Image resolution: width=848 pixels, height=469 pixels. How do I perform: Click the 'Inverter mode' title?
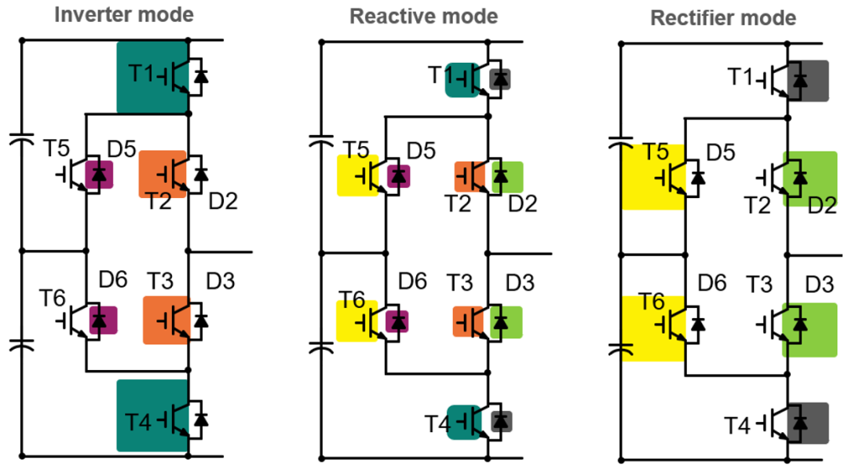(x=123, y=14)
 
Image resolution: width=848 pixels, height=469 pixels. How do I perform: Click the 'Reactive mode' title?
(x=423, y=16)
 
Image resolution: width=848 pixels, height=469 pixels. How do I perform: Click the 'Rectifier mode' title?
(x=722, y=17)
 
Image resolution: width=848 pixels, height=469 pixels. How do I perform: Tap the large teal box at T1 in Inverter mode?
(x=152, y=76)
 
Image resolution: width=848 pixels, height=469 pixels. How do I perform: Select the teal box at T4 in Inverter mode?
(x=152, y=416)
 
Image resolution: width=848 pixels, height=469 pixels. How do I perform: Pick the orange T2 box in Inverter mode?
(x=162, y=174)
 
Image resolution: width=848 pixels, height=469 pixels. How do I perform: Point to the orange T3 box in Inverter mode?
(x=166, y=320)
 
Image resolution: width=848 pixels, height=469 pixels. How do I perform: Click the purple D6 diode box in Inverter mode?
(x=102, y=320)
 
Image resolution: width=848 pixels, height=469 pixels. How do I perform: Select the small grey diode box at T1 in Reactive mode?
(x=499, y=79)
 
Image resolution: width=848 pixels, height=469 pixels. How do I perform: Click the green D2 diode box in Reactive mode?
(x=507, y=175)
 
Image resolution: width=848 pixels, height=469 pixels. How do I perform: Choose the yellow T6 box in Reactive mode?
(x=356, y=320)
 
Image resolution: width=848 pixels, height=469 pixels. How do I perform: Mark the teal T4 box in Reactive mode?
(x=462, y=421)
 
